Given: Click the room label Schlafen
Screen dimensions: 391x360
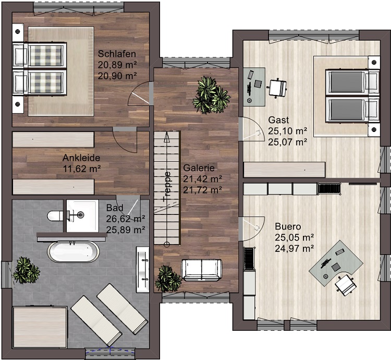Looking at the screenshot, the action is pyautogui.click(x=117, y=54).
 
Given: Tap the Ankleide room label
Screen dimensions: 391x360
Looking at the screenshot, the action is pyautogui.click(x=81, y=158).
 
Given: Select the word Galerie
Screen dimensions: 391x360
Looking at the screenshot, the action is pyautogui.click(x=199, y=167).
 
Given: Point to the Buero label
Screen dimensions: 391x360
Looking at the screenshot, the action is pyautogui.click(x=288, y=226).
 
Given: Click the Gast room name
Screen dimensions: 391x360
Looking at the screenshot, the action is pyautogui.click(x=278, y=120).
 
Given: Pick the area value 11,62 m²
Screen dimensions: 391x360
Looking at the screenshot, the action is pyautogui.click(x=81, y=169).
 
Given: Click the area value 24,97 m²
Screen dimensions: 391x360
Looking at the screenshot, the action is pyautogui.click(x=294, y=248).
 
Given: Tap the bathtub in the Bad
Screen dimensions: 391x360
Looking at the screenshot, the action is pyautogui.click(x=74, y=251).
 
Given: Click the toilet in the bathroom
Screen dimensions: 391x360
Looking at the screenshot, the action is pyautogui.click(x=57, y=216).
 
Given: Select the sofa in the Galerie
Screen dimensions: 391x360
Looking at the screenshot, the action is pyautogui.click(x=201, y=270).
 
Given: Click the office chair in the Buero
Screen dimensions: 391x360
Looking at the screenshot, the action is pyautogui.click(x=345, y=285).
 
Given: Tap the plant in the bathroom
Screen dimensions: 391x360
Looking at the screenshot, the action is pyautogui.click(x=26, y=270).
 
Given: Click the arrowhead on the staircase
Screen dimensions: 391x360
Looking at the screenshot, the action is pyautogui.click(x=167, y=137).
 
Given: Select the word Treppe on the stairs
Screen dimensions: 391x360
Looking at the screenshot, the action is pyautogui.click(x=167, y=186).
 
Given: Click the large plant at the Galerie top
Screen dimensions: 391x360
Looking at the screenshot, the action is pyautogui.click(x=211, y=95).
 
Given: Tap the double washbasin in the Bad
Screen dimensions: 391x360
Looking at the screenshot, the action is pyautogui.click(x=143, y=269).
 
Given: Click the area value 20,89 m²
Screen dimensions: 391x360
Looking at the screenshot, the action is pyautogui.click(x=117, y=65).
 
